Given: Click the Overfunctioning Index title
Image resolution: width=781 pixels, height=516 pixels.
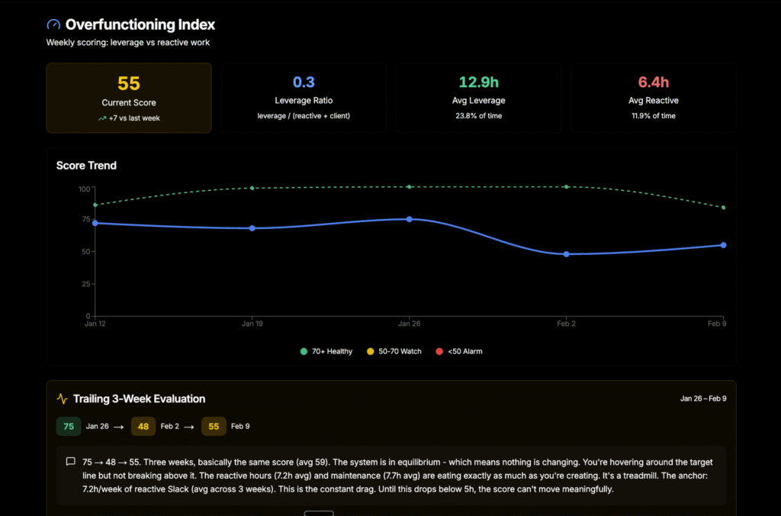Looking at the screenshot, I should [140, 25].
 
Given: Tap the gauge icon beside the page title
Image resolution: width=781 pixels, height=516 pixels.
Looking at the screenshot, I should [53, 25].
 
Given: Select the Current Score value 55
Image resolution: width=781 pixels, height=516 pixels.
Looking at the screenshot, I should [129, 83].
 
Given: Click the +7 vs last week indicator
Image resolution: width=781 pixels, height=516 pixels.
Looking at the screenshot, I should [129, 118].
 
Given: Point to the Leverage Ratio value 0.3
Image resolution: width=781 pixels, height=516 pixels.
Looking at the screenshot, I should [304, 82].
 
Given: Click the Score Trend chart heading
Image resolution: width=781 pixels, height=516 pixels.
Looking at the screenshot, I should [86, 165].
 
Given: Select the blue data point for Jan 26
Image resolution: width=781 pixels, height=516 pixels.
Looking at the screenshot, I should [410, 219].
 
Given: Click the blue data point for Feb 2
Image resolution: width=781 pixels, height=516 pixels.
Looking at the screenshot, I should [567, 254].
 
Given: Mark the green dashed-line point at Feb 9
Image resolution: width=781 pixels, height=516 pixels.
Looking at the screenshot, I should [723, 208].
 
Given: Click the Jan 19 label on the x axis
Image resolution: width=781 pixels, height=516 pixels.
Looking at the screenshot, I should [252, 324].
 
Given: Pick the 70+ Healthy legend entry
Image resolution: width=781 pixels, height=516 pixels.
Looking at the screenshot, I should [326, 351].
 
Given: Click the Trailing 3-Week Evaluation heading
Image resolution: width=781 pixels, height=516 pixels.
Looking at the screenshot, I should [139, 398].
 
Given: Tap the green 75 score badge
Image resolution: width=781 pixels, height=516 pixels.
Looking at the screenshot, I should [69, 426].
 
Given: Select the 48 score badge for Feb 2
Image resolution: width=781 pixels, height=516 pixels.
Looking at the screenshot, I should [143, 426].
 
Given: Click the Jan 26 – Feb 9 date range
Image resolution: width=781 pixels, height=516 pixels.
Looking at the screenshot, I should [703, 398].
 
